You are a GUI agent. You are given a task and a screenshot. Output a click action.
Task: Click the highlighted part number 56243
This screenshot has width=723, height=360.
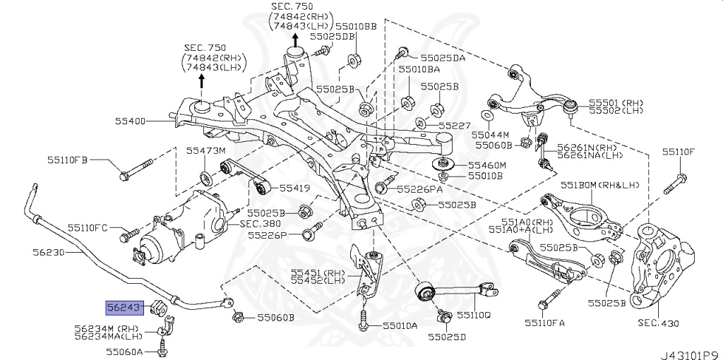[x=125, y=307]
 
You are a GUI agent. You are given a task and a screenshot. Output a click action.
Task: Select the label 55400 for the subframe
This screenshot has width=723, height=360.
[x=131, y=121]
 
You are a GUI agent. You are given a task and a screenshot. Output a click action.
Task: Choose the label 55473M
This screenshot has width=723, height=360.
[x=205, y=151]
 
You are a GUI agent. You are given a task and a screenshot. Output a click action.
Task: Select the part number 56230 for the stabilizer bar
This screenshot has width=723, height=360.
[x=48, y=251]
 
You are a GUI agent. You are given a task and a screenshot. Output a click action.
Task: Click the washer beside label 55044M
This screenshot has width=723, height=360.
[x=486, y=116]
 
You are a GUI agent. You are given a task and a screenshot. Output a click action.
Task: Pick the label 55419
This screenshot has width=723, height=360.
[x=294, y=188]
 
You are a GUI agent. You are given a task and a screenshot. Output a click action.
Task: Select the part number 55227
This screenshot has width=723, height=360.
[x=453, y=126]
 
